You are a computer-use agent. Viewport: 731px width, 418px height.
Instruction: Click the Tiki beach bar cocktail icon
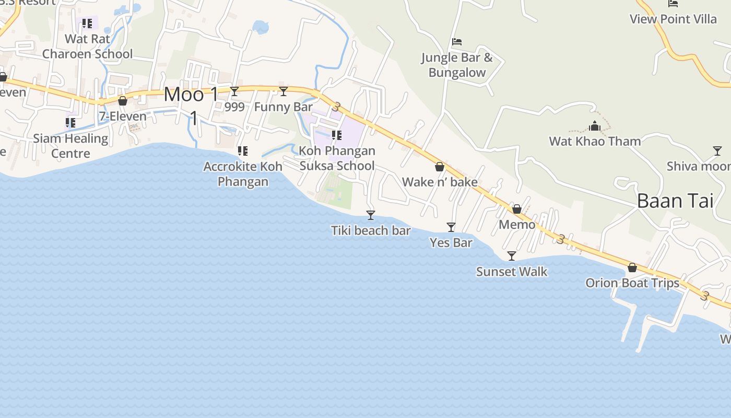(371, 215)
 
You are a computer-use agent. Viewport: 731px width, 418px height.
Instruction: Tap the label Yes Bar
(451, 242)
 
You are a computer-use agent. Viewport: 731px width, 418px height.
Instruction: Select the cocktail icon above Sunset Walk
(512, 256)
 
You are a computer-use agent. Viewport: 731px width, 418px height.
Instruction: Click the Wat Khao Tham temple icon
(595, 126)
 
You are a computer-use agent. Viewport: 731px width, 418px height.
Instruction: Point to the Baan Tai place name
(675, 201)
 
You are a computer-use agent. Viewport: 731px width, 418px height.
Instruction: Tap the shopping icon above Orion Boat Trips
(632, 268)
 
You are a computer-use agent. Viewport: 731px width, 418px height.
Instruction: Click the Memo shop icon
(517, 210)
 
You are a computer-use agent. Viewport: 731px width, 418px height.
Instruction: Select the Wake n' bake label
(440, 182)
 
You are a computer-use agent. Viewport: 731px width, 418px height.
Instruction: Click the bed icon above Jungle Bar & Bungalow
(457, 42)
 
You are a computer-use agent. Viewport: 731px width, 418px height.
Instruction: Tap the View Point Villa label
(673, 19)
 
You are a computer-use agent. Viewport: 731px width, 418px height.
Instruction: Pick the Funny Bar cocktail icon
(284, 91)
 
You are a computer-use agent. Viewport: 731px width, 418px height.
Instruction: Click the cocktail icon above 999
(234, 91)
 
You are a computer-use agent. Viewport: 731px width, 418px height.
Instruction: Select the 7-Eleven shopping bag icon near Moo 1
(123, 101)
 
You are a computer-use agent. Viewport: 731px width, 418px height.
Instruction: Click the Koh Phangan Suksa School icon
(337, 136)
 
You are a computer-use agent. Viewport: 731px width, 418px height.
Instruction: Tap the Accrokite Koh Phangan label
(243, 174)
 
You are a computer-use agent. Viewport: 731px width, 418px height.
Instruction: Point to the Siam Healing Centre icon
(70, 123)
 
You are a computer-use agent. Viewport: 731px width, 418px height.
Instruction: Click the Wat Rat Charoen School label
(87, 47)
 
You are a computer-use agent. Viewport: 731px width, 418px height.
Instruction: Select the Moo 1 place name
(192, 95)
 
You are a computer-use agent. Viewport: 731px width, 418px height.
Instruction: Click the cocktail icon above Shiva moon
(717, 151)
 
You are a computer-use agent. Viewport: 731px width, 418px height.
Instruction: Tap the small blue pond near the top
(260, 27)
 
